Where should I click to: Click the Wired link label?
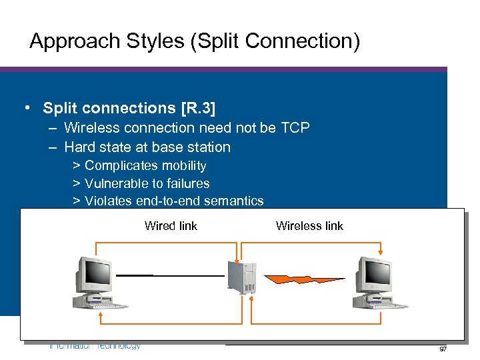[171, 226]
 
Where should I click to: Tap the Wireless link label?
[309, 226]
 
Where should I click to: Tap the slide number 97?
[443, 349]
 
